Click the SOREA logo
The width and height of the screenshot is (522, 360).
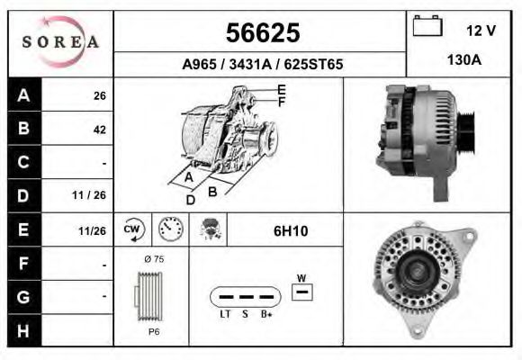59,41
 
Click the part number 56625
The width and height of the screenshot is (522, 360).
262,33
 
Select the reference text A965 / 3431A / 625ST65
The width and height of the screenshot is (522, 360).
262,65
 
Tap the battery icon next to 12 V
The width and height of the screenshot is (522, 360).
428,28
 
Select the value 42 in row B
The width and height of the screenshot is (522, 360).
99,129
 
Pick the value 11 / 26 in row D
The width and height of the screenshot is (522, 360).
93,195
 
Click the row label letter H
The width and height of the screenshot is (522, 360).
22,330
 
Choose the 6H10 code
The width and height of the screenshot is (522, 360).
290,231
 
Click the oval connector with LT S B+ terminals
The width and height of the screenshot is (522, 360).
244,296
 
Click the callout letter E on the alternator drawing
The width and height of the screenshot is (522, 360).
282,89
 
